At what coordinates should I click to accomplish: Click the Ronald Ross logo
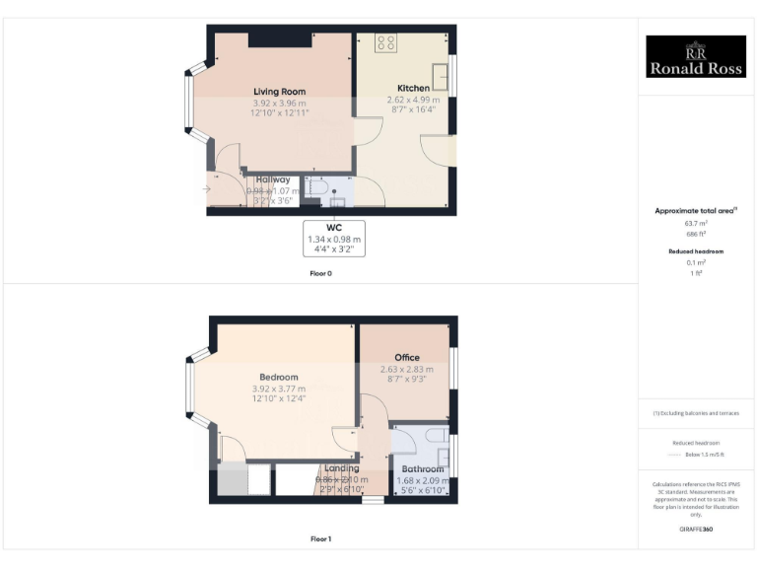pos(695,57)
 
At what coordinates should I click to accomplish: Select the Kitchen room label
pos(413,88)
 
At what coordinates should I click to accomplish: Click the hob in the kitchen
pos(385,42)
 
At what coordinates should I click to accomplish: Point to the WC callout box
pos(334,238)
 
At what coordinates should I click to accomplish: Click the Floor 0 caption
pos(320,273)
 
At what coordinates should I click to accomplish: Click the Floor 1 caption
pos(320,539)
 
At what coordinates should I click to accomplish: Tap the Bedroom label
pos(279,377)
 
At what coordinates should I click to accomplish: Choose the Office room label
pos(407,357)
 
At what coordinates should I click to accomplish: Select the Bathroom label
pos(422,469)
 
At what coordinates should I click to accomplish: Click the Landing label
pos(342,468)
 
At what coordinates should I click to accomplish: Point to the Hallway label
pos(273,179)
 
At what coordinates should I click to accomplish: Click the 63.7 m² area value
pos(696,224)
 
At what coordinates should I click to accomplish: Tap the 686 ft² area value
pos(696,235)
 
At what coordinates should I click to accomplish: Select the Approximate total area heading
pos(696,211)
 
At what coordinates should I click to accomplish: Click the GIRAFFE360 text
pos(696,530)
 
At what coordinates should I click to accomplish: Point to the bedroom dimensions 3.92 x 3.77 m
pos(279,389)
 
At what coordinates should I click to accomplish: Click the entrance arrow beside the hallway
pos(207,188)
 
